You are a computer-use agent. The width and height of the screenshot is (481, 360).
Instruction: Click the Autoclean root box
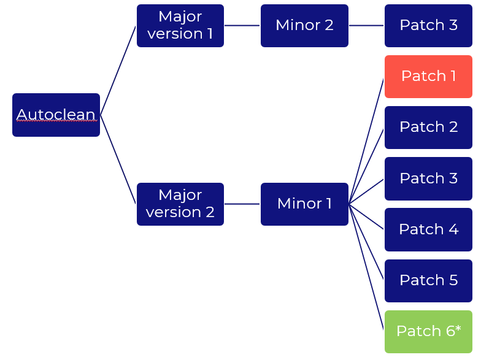(56, 115)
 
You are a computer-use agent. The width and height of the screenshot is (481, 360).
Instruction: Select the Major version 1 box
(180, 26)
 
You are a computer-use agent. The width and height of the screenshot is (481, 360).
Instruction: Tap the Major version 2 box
(180, 204)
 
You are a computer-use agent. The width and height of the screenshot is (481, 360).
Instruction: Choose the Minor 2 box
(304, 26)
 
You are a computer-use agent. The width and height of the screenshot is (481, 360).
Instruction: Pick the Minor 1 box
(304, 204)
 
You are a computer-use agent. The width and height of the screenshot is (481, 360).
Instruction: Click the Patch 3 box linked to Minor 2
(428, 26)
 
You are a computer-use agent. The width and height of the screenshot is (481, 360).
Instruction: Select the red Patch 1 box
(428, 77)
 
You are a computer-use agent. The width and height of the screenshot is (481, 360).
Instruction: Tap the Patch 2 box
(428, 128)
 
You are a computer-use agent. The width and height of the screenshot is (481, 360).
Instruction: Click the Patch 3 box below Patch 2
(428, 178)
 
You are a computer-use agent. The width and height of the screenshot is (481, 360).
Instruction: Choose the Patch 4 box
(428, 229)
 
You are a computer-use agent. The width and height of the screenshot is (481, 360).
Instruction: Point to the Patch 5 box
(428, 280)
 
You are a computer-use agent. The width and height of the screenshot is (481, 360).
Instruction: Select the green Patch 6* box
(428, 331)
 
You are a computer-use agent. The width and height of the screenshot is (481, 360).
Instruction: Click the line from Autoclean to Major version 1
(118, 70)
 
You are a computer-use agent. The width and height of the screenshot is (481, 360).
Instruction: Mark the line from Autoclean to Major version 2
(118, 159)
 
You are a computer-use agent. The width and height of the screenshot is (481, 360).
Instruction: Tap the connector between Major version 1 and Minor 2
(242, 26)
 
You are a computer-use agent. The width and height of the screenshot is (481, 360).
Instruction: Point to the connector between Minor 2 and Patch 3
(366, 26)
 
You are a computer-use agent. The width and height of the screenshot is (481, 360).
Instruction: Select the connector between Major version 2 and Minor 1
(242, 204)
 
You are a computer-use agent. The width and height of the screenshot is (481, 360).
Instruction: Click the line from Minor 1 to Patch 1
(366, 141)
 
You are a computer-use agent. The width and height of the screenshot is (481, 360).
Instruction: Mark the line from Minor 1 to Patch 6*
(366, 267)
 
